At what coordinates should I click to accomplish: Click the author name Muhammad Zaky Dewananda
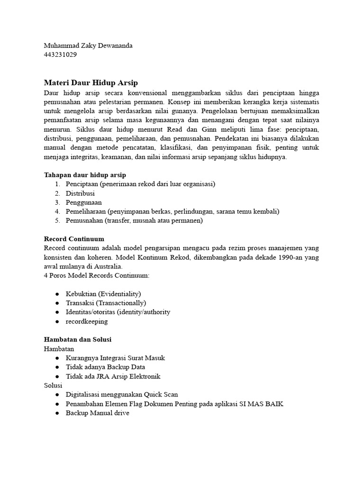coord(88,45)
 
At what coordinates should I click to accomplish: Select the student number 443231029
coord(60,54)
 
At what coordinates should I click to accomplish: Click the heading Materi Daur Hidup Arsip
coord(91,82)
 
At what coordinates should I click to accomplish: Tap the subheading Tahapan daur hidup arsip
coord(85,175)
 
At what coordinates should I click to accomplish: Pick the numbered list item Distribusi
coord(80,193)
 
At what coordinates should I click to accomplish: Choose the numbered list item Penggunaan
coord(84,202)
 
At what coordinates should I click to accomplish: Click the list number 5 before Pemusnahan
coord(56,221)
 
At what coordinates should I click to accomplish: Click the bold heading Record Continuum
coord(73,239)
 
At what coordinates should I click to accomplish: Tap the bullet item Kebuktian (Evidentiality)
coord(103,294)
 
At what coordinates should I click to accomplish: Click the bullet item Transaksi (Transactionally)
coord(106,303)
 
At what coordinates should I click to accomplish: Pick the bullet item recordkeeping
coord(87,321)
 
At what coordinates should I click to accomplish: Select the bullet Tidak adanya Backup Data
coord(105,367)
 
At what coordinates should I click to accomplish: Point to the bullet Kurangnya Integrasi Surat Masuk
coord(115,358)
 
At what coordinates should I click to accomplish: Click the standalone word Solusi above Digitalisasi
coord(53,386)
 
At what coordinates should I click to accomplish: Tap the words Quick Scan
coord(160,395)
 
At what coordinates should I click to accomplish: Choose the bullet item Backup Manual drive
coord(97,413)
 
